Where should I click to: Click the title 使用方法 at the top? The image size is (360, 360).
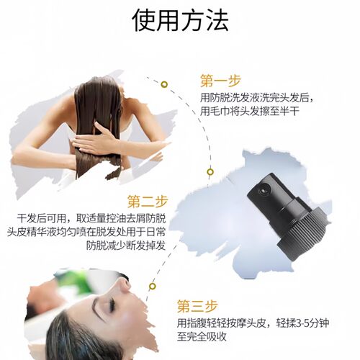click(x=180, y=21)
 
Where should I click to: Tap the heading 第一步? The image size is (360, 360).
click(x=221, y=80)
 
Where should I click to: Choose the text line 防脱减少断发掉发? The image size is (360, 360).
click(x=125, y=246)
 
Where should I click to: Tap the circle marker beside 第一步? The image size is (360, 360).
click(x=164, y=84)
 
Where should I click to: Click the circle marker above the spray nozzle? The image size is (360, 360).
click(x=210, y=171)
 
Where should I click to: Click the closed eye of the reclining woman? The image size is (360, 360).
click(x=111, y=305)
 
